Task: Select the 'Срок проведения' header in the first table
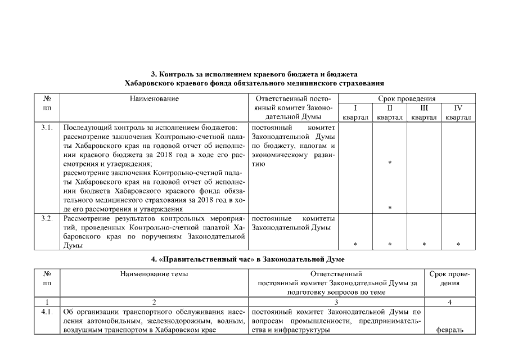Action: coord(407,98)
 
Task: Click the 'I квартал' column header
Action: coord(355,112)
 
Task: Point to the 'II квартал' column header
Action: coord(390,112)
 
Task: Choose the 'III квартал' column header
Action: coord(424,112)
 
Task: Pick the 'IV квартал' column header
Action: coord(458,112)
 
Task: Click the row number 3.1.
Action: coord(47,128)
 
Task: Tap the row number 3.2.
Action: coord(47,218)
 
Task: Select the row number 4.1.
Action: coord(47,312)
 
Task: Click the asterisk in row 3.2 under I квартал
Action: coord(355,245)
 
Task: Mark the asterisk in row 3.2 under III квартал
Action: coord(424,245)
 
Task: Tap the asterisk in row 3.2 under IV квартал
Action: coord(458,245)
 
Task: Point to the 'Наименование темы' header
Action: coord(154,274)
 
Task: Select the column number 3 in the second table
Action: coord(336,302)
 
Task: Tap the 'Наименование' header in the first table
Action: coord(154,99)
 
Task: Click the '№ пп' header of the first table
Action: coord(47,103)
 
